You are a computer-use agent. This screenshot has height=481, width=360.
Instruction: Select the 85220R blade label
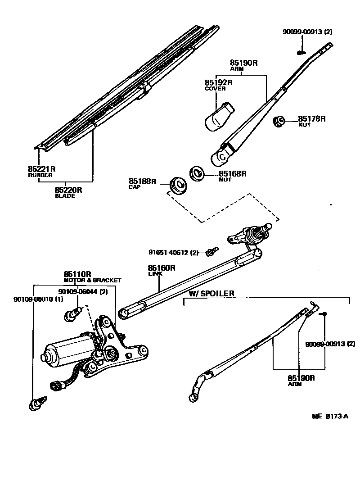pos(68,190)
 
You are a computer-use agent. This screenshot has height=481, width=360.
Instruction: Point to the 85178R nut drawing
pos(279,121)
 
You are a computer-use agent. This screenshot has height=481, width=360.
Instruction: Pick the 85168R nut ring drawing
pos(196,173)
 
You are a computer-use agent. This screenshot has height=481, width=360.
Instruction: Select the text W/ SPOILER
pos(211,294)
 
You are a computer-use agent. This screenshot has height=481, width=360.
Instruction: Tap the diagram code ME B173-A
pos(330,417)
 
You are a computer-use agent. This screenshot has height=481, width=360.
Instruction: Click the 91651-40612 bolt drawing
pos(211,252)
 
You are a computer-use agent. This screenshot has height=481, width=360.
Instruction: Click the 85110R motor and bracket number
pos(77,274)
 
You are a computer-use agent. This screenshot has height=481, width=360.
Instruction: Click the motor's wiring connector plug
pos(56,386)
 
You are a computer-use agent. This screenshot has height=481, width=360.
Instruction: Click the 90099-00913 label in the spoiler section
pos(330,344)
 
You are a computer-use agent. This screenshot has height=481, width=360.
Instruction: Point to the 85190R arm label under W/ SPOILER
pos(301,378)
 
